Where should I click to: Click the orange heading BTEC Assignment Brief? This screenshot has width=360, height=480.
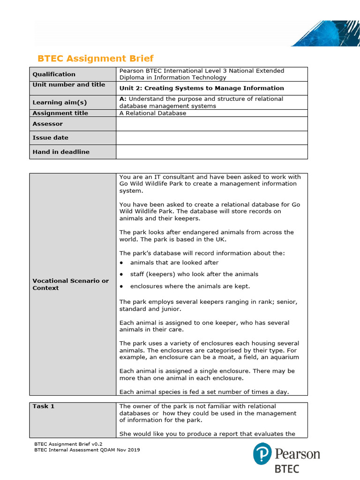pyautogui.click(x=95, y=59)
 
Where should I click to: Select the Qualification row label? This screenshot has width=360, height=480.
pyautogui.click(x=54, y=74)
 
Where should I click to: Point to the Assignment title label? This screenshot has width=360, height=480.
pyautogui.click(x=60, y=113)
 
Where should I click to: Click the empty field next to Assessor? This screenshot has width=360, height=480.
pyautogui.click(x=211, y=124)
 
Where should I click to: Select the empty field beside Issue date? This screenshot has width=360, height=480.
pyautogui.click(x=211, y=138)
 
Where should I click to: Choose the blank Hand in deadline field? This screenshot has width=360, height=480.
pyautogui.click(x=211, y=152)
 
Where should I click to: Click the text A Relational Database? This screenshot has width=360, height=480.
pyautogui.click(x=153, y=113)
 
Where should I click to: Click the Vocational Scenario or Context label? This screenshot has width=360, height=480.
pyautogui.click(x=70, y=284)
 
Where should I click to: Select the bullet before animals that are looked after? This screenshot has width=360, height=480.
pyautogui.click(x=121, y=263)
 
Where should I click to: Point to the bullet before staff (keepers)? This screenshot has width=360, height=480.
pyautogui.click(x=121, y=274)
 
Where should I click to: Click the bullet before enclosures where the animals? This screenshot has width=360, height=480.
pyautogui.click(x=121, y=286)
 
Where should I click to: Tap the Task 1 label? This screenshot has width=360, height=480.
pyautogui.click(x=43, y=406)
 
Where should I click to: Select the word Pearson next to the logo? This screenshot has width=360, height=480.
pyautogui.click(x=297, y=454)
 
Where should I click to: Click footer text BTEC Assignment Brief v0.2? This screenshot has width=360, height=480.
pyautogui.click(x=68, y=443)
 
